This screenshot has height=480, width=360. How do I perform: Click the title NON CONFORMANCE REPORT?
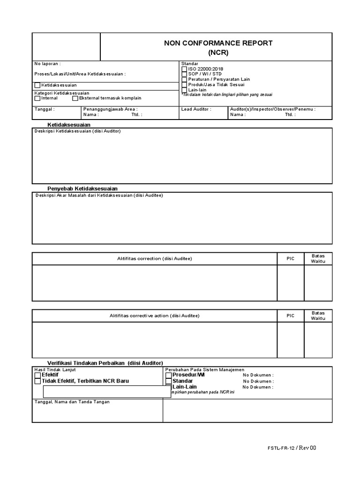pos(218,43)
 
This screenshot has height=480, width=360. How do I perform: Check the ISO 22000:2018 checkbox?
pos(184,69)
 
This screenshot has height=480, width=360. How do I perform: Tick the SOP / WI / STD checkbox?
pos(184,74)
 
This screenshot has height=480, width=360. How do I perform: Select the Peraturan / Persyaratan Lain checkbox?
pos(184,79)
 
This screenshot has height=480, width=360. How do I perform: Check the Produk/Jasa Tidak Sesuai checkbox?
pos(184,84)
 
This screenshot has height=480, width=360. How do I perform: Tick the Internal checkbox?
pos(37,98)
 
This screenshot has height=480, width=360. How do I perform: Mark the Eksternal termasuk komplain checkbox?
pos(75,98)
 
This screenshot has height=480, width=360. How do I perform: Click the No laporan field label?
pos(47,64)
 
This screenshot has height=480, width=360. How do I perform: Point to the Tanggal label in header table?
pos(45,109)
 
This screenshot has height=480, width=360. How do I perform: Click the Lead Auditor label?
pos(196,109)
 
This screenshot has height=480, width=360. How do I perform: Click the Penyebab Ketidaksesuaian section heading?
pos(82,188)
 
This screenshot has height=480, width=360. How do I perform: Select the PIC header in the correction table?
pos(291,259)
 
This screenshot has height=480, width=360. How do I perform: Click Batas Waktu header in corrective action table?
pos(318,315)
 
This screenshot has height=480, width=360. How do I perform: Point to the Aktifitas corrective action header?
pos(154,316)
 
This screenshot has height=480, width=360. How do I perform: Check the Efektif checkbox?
pos(37,375)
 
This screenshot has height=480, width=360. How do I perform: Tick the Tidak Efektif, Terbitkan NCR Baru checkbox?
pos(37,381)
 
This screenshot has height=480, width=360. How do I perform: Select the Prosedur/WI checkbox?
pos(169,375)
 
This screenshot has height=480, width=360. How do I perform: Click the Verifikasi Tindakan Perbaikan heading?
pos(105,363)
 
